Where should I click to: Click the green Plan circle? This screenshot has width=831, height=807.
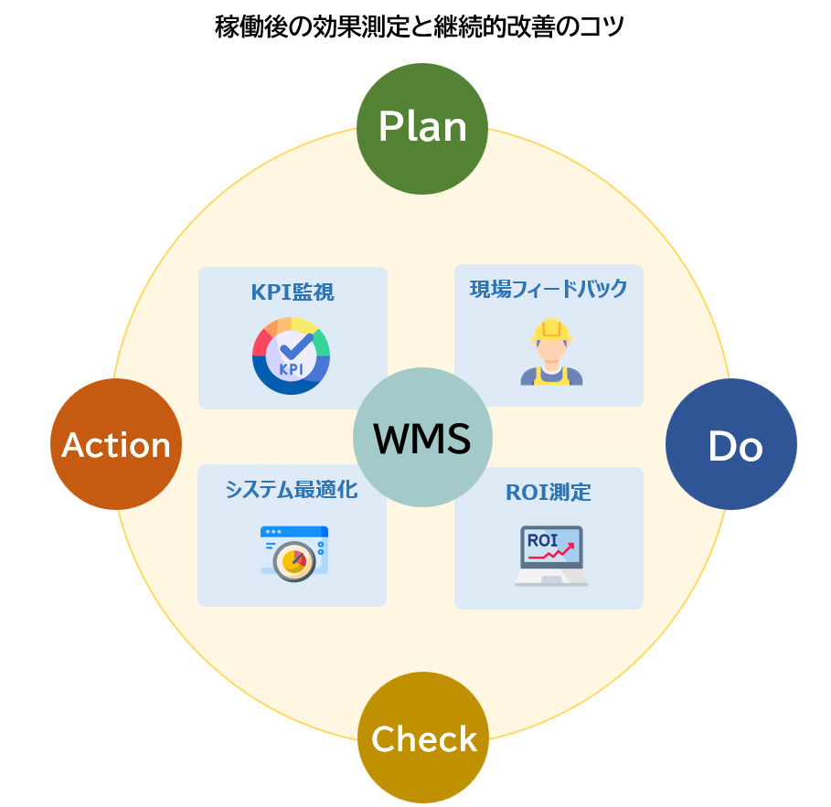coord(421,129)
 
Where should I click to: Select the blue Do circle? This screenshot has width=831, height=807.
coord(731,445)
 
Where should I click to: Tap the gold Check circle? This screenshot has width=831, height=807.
coord(423,738)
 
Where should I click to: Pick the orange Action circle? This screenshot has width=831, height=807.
coord(116,445)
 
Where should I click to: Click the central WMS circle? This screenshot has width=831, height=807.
coord(422,438)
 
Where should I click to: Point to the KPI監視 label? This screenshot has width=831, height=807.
coord(293,292)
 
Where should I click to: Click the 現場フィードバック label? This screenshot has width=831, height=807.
coord(549,290)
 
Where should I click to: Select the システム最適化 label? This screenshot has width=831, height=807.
coord(292,490)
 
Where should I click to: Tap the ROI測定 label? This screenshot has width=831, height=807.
coord(549,493)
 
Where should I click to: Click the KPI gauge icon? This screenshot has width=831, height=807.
coord(292,356)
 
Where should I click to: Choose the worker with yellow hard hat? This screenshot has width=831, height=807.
coord(551,352)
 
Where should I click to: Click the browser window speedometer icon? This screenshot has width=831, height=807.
coord(293,552)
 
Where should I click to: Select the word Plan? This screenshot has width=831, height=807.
coord(421,127)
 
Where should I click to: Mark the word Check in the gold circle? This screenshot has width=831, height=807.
coord(423,738)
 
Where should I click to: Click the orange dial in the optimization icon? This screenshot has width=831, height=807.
coord(294,561)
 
